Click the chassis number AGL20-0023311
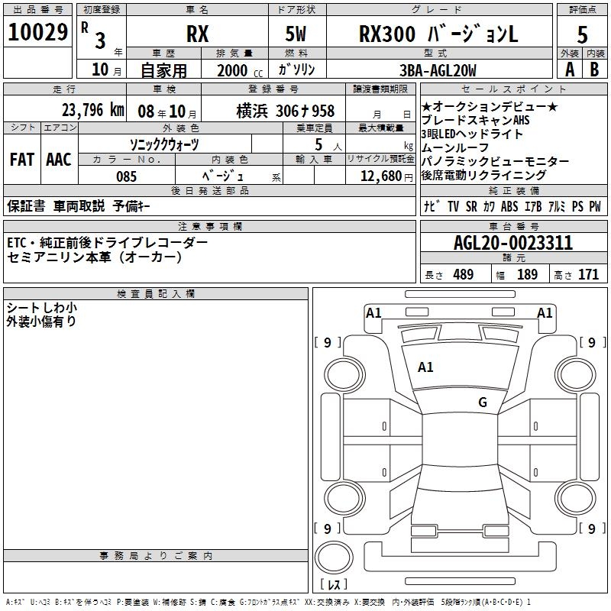(512, 243)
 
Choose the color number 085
(127, 176)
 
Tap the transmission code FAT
(21, 160)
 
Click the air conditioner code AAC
(58, 160)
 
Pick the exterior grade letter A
(568, 70)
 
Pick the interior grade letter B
(594, 70)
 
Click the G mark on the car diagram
(482, 402)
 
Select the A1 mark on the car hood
(425, 367)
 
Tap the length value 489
(463, 274)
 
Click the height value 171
(588, 274)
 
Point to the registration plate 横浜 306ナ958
(274, 112)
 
